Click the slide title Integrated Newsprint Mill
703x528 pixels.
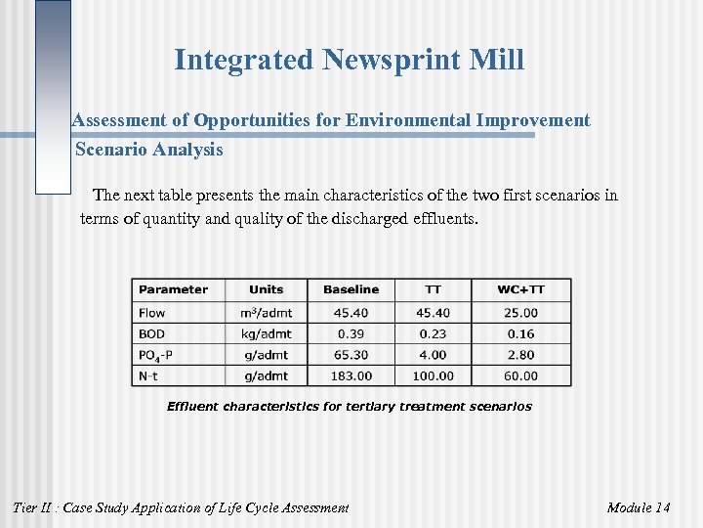click(x=349, y=61)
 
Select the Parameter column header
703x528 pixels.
click(x=173, y=289)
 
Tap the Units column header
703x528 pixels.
click(x=266, y=289)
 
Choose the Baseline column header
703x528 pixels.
click(x=351, y=289)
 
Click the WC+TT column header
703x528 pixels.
click(x=520, y=289)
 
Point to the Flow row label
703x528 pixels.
click(x=152, y=313)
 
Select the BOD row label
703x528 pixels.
click(x=152, y=333)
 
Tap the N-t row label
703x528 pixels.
click(x=150, y=375)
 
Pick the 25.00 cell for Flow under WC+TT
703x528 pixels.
click(x=520, y=313)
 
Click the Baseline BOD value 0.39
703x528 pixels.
click(x=351, y=333)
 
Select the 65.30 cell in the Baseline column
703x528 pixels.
click(x=351, y=355)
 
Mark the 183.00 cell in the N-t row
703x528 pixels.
click(x=351, y=375)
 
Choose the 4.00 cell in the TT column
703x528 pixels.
click(x=433, y=355)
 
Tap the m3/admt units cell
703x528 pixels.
click(x=266, y=313)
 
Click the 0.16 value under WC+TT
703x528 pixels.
click(x=520, y=333)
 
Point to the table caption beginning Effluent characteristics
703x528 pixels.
click(x=350, y=406)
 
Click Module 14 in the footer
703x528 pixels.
click(x=638, y=507)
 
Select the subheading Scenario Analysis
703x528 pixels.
click(x=149, y=150)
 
